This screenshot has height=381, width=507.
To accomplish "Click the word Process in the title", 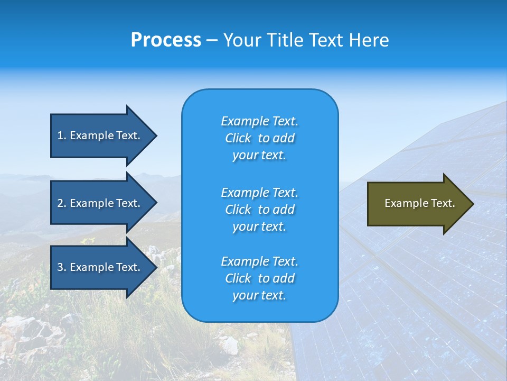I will [x=166, y=40].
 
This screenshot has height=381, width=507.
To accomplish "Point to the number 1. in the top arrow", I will [x=62, y=135].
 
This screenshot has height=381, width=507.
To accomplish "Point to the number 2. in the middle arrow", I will [x=62, y=203].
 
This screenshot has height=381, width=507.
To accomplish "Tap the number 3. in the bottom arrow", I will [x=62, y=267].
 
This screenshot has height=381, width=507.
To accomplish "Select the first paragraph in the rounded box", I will [x=259, y=138].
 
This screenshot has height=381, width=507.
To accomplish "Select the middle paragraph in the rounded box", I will [x=259, y=210].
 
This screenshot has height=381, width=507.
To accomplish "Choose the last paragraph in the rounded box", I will [x=259, y=278].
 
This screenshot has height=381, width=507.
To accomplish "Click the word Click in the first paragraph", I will [x=238, y=138].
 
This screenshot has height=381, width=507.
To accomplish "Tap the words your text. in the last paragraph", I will [x=259, y=295].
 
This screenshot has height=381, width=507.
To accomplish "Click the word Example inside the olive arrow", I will [x=402, y=203].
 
